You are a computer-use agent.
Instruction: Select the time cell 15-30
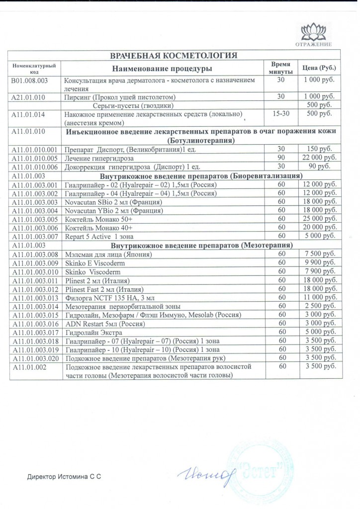280,114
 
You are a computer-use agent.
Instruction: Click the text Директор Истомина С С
64,477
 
